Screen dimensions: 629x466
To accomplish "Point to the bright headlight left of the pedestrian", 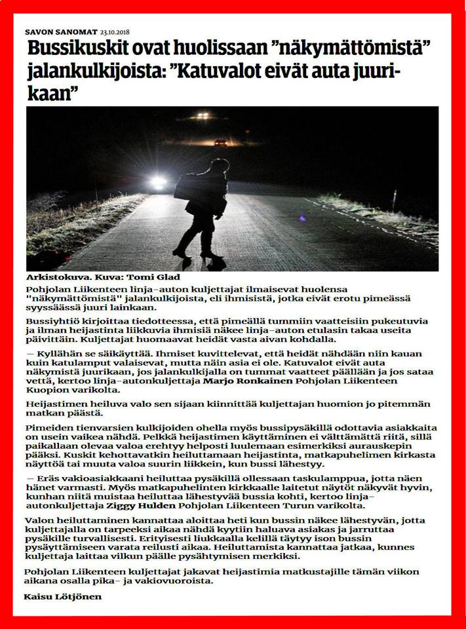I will (x=158, y=183).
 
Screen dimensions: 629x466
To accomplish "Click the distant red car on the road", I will (x=221, y=142).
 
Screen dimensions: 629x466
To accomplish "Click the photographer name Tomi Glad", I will (x=159, y=278).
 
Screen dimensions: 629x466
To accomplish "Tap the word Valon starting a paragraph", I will (x=39, y=520).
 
